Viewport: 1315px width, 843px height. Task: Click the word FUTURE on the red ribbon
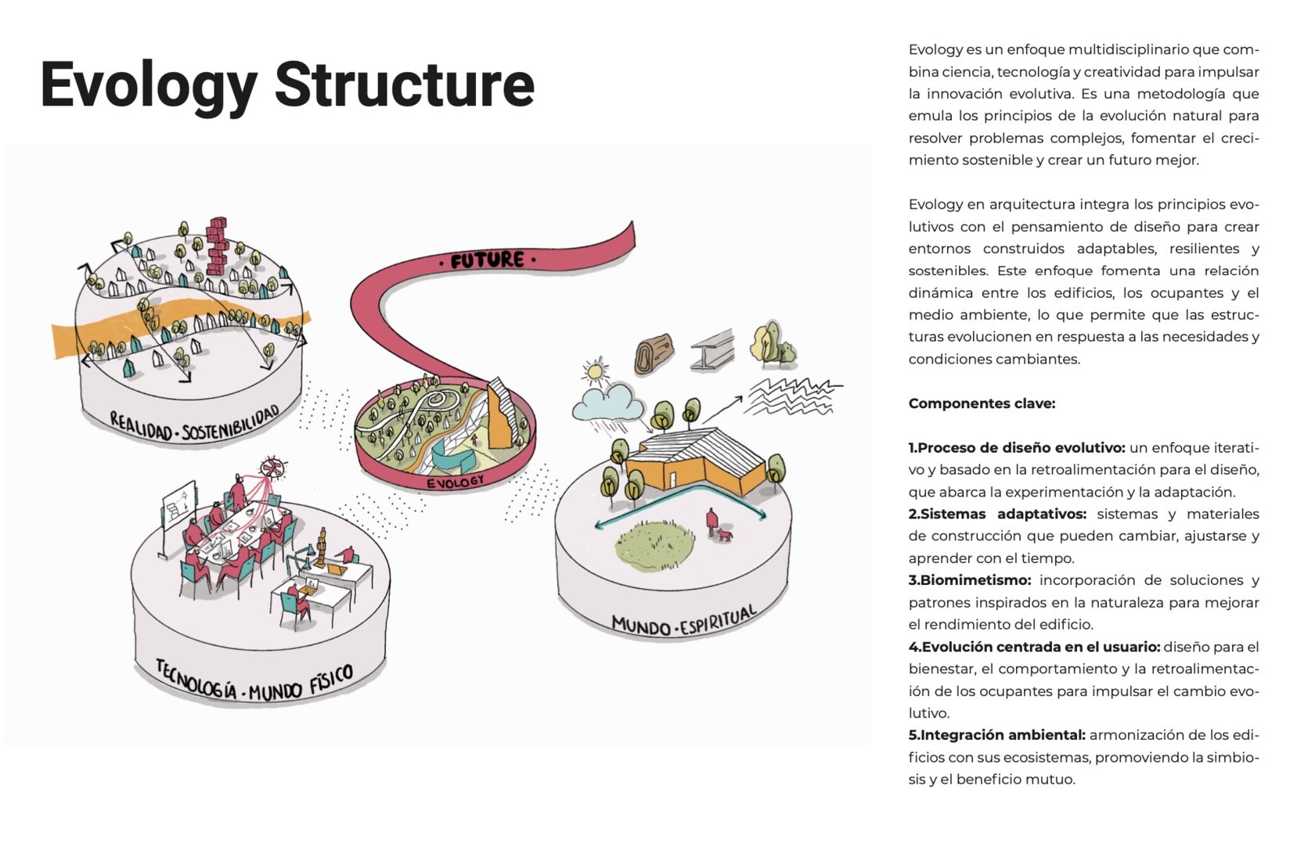point(487,260)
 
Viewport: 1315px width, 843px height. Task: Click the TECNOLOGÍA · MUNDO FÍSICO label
point(254,681)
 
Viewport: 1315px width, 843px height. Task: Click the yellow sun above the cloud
point(596,371)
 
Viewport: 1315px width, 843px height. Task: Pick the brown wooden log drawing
point(654,354)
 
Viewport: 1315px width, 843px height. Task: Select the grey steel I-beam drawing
point(712,349)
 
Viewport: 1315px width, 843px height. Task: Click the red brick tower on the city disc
point(218,246)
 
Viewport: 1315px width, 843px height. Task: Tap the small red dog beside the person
point(726,536)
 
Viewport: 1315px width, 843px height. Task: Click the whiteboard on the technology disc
point(179,507)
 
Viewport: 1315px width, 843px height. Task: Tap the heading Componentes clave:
point(982,404)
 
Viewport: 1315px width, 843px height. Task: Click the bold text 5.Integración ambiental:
point(996,735)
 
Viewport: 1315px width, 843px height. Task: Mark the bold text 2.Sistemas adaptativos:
point(997,514)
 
